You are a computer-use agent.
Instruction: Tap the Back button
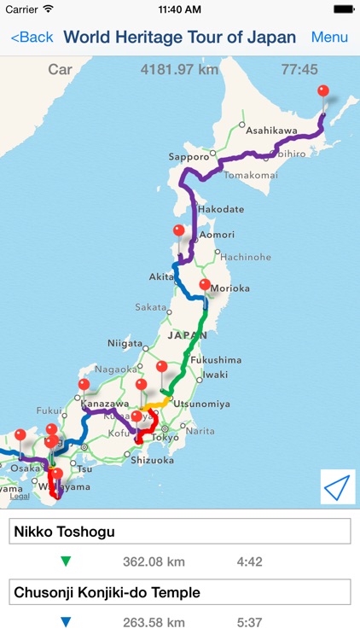(x=32, y=38)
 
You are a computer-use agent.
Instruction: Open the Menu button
(x=329, y=38)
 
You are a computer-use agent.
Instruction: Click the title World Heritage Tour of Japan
(x=180, y=38)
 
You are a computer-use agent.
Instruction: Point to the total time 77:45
(x=299, y=70)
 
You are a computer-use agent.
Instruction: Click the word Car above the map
(x=60, y=70)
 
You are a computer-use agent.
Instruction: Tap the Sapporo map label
(x=189, y=157)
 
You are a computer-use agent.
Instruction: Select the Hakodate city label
(x=221, y=209)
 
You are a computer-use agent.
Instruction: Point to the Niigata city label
(x=125, y=343)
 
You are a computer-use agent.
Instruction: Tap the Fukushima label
(x=218, y=359)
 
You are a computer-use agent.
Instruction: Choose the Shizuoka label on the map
(x=154, y=460)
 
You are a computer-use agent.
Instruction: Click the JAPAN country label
(x=187, y=335)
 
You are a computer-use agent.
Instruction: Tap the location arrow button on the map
(x=338, y=486)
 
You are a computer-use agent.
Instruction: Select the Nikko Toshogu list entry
(x=180, y=532)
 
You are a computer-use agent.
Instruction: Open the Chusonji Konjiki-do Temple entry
(x=180, y=592)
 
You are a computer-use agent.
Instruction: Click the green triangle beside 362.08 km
(x=67, y=561)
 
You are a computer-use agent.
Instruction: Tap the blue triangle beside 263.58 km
(x=67, y=622)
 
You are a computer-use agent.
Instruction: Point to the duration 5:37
(x=249, y=622)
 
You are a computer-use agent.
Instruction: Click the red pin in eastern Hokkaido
(x=322, y=92)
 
